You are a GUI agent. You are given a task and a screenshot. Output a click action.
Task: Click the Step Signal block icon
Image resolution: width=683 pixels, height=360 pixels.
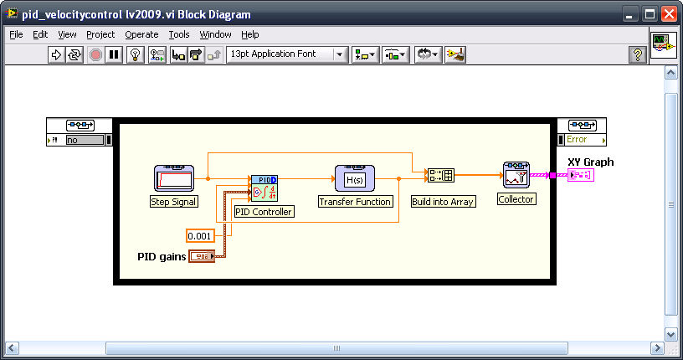tap(174, 177)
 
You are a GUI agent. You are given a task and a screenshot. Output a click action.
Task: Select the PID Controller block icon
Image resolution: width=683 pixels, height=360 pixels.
tap(264, 188)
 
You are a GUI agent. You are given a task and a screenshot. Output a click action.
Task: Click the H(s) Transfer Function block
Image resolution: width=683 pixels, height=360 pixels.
tap(355, 177)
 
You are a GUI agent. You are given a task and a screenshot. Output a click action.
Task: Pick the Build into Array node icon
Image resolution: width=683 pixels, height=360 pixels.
tap(441, 175)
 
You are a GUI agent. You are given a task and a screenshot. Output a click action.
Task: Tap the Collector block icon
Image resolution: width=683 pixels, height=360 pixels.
tap(516, 175)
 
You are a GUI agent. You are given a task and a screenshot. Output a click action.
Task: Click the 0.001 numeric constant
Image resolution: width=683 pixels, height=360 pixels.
tap(200, 236)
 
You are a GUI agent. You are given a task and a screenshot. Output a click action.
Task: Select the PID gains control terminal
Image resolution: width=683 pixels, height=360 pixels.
tap(202, 256)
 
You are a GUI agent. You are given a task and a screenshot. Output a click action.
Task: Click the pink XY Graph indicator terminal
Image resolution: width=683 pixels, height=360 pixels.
tap(581, 175)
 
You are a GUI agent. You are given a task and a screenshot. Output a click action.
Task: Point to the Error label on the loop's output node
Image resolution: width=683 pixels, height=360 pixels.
tap(577, 140)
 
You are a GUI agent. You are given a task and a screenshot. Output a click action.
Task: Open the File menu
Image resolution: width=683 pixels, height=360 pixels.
tap(16, 34)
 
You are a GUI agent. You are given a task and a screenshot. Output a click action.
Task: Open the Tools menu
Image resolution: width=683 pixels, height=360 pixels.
tap(179, 34)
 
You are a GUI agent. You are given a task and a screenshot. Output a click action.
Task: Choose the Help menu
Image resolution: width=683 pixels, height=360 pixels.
tap(250, 34)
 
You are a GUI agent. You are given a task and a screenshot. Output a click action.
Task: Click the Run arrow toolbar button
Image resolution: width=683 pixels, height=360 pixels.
tap(56, 54)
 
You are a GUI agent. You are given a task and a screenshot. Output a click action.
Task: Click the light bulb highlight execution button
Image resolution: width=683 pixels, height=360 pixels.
tap(136, 54)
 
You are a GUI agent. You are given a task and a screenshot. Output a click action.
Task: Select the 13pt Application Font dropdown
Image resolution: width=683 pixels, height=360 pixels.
tap(287, 54)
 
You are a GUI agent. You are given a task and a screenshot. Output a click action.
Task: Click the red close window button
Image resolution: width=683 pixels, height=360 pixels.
tap(669, 14)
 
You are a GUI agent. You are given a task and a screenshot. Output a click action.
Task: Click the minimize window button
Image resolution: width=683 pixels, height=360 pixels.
tap(629, 14)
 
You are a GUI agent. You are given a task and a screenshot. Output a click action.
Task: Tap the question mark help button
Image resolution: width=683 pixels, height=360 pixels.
tap(638, 54)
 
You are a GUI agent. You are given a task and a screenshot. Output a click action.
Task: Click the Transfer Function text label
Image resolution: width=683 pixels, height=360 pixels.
tap(355, 202)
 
